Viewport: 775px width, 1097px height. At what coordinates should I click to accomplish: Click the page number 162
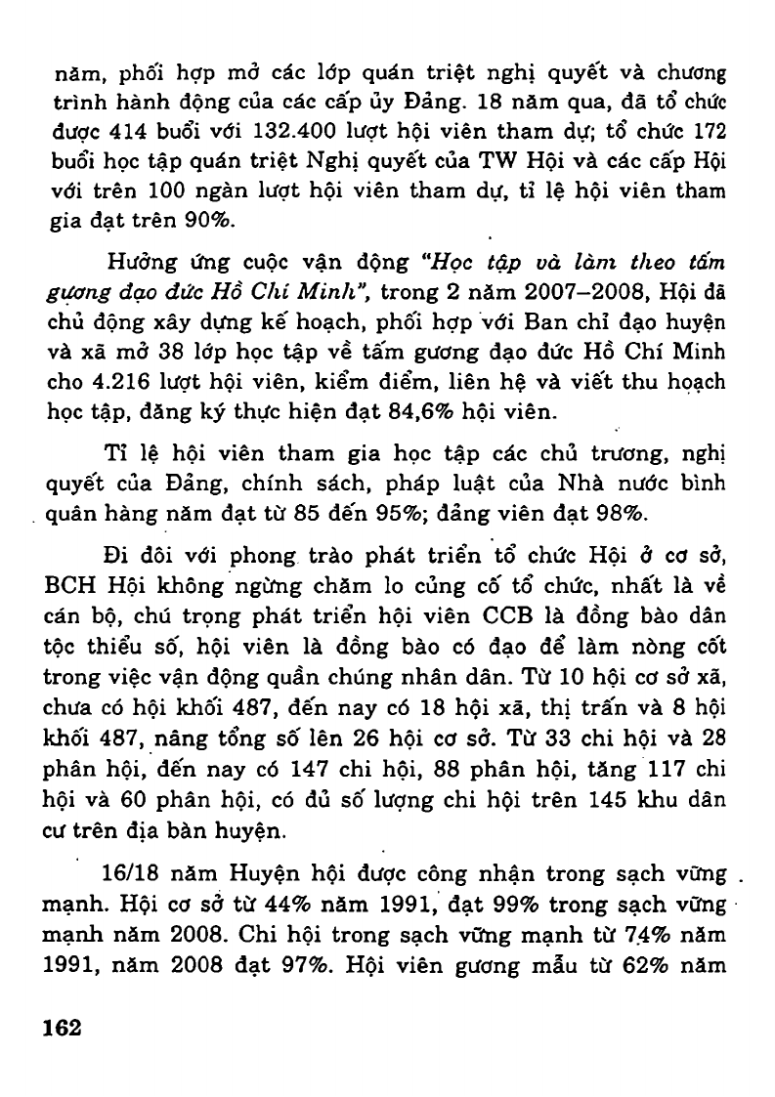[62, 1028]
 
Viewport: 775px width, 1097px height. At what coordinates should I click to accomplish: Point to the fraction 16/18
[134, 871]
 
